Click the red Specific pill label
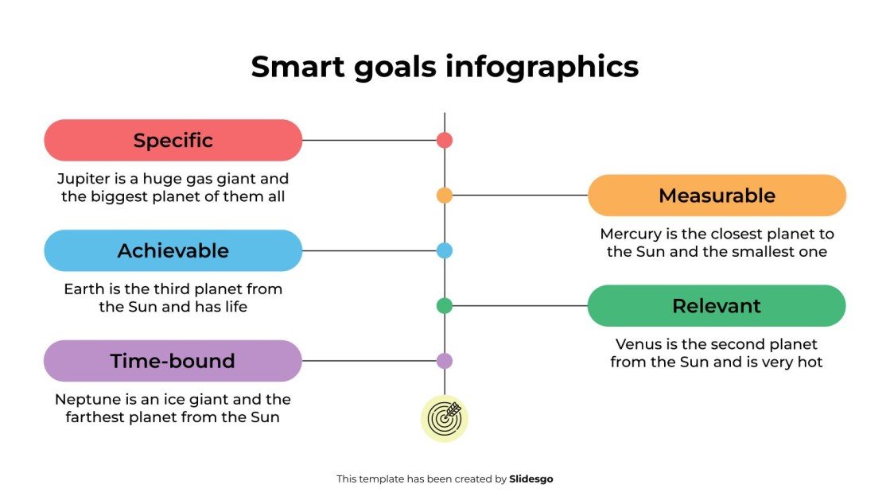point(173,141)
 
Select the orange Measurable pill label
point(717,196)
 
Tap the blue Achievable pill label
point(173,251)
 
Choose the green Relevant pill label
point(717,306)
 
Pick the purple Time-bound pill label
point(173,362)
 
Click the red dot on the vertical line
point(445,141)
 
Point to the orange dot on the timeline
point(445,196)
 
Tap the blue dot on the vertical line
point(445,251)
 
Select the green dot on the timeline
point(445,306)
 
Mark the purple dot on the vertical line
point(445,361)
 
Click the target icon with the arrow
point(445,418)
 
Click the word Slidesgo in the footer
point(531,479)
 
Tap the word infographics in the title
point(542,67)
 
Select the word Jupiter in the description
point(83,179)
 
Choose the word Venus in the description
point(638,345)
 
